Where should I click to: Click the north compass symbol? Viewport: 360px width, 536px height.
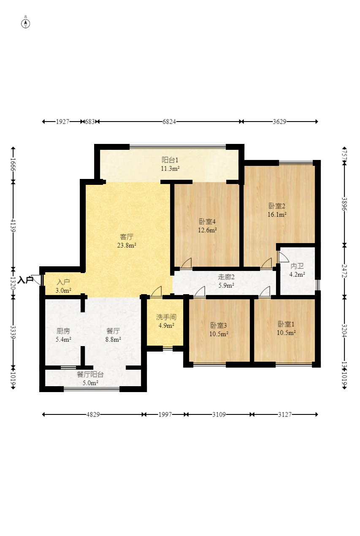coord(26,24)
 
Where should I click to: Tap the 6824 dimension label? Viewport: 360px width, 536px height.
coord(169,122)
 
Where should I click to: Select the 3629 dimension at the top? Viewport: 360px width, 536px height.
coord(279,122)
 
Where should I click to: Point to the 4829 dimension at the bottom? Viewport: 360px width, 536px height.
coord(93,414)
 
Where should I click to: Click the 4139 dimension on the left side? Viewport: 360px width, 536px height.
coord(13,225)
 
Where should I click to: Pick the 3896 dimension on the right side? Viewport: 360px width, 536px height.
coord(344,204)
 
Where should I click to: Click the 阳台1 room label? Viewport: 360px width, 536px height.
coord(170,160)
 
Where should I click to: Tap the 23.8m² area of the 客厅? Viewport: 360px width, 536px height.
coord(127,245)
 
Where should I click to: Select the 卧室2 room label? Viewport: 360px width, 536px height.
coord(277,206)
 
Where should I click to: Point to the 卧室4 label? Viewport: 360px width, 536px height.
coord(207,222)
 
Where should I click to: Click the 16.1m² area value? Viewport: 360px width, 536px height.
coord(277,214)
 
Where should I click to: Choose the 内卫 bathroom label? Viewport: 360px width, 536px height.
coord(297,266)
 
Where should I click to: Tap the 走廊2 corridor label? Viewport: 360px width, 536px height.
coord(226,277)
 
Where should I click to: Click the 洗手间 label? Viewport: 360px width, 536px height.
coord(166,317)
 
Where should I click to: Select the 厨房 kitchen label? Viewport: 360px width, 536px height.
coord(63,331)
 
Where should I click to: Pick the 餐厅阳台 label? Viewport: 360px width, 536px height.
coord(90,374)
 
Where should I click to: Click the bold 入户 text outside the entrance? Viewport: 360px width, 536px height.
coord(25,280)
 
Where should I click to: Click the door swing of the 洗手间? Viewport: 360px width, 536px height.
coord(157,292)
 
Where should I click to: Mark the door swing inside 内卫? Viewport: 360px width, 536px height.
coord(283,257)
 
